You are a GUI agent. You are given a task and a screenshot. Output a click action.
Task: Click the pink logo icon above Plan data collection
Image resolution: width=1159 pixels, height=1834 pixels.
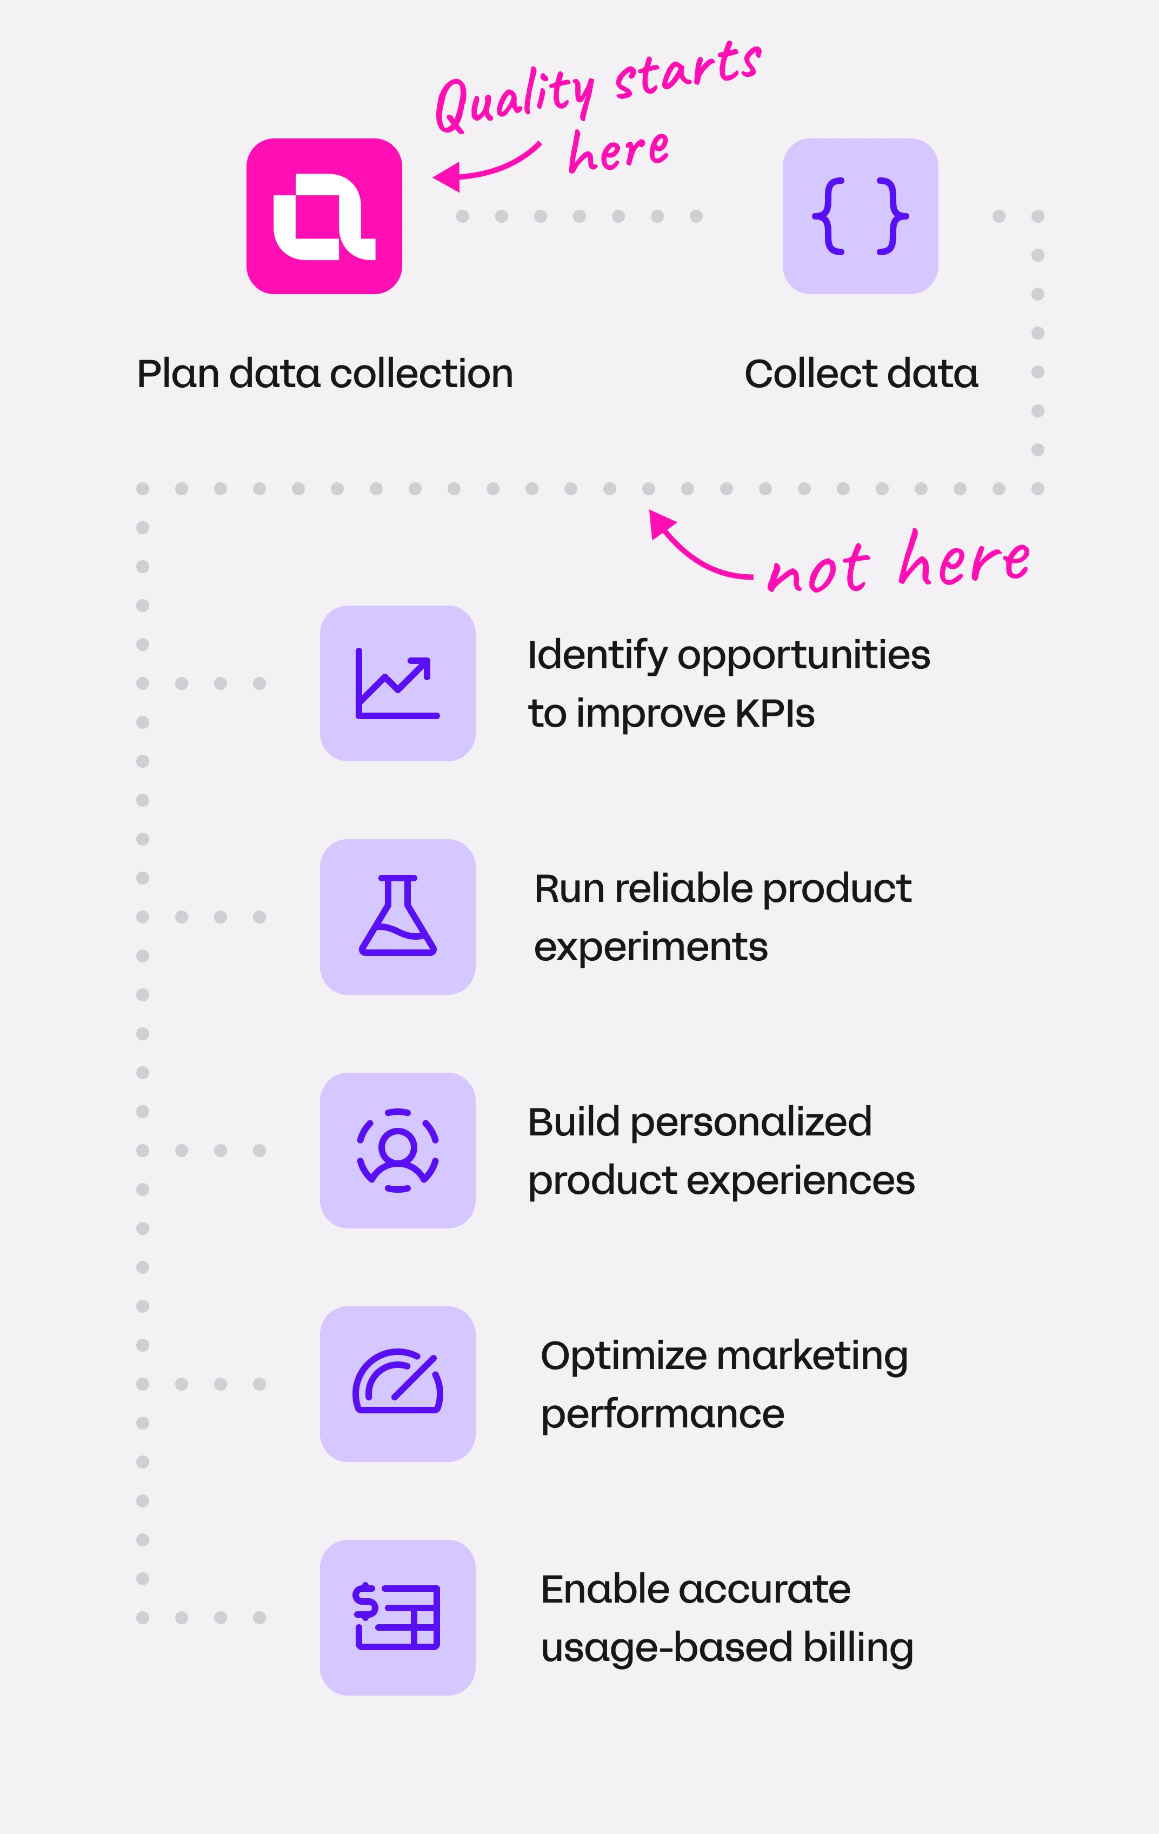click(324, 216)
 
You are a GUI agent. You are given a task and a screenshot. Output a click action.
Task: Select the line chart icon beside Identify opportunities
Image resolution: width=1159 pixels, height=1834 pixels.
click(397, 683)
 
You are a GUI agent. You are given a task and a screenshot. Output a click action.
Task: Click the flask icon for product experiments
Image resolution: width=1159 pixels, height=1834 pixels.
click(397, 916)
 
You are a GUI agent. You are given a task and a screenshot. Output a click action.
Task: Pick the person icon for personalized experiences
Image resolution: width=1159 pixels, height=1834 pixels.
click(397, 1150)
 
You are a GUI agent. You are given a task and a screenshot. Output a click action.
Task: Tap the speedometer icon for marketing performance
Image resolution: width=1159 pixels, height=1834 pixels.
click(397, 1383)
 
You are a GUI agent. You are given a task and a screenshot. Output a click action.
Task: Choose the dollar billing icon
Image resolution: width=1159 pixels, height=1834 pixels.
click(397, 1617)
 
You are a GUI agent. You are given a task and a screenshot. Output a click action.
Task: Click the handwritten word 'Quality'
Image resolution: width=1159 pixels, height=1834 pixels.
click(514, 99)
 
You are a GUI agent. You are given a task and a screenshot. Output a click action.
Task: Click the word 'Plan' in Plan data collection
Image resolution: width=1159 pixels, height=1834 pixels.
click(178, 374)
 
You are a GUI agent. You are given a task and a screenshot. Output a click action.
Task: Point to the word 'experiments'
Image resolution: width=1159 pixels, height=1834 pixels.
click(650, 947)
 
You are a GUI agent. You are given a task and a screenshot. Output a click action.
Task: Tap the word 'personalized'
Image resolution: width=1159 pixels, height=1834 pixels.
click(750, 1122)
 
